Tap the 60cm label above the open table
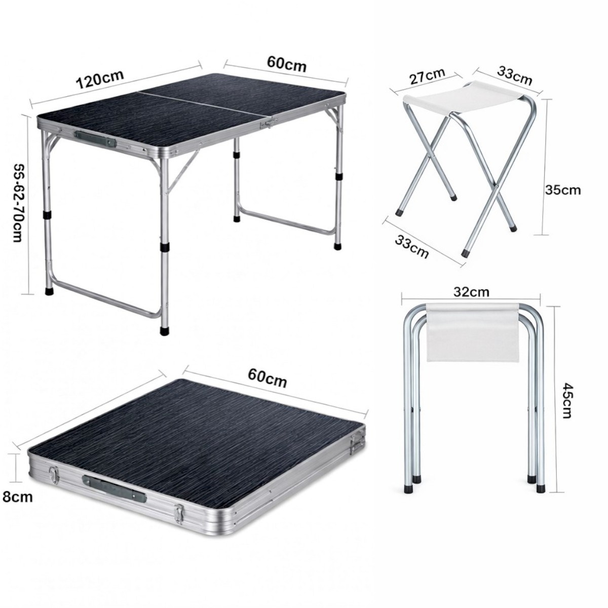click(x=286, y=64)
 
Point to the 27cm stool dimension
click(x=427, y=77)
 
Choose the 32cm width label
click(x=471, y=292)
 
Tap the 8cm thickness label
click(x=18, y=497)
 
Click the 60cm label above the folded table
click(x=268, y=378)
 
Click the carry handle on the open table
click(x=95, y=139)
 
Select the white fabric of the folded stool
click(x=473, y=332)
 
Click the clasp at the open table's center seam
click(x=269, y=123)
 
